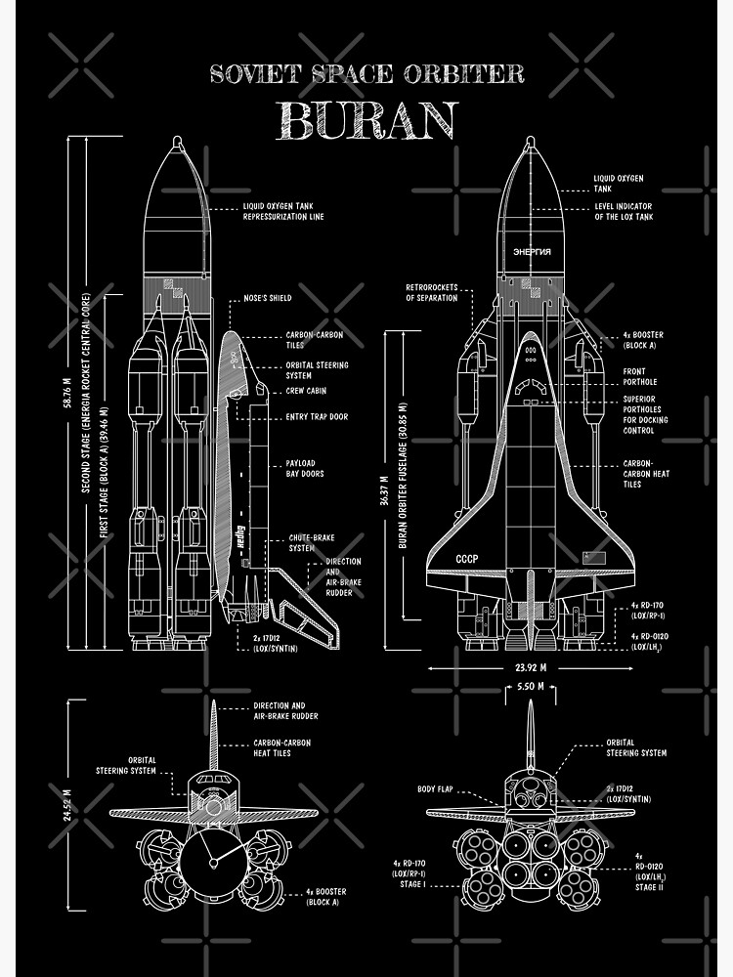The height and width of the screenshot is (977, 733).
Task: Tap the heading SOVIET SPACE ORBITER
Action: (x=367, y=73)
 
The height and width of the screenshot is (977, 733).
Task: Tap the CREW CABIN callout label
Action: (x=306, y=391)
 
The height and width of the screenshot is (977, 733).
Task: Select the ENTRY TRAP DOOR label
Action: (x=318, y=417)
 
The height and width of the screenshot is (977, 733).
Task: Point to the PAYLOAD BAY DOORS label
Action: (x=305, y=469)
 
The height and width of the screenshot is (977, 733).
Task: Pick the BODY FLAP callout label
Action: (x=437, y=788)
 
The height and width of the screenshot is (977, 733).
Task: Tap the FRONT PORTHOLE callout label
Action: (x=640, y=376)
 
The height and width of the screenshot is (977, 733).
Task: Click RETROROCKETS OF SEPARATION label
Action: (x=431, y=293)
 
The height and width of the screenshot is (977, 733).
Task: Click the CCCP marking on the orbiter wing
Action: (x=467, y=559)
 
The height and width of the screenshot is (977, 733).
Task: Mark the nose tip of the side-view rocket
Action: (x=177, y=141)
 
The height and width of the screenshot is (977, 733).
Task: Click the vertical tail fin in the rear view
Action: (x=531, y=733)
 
